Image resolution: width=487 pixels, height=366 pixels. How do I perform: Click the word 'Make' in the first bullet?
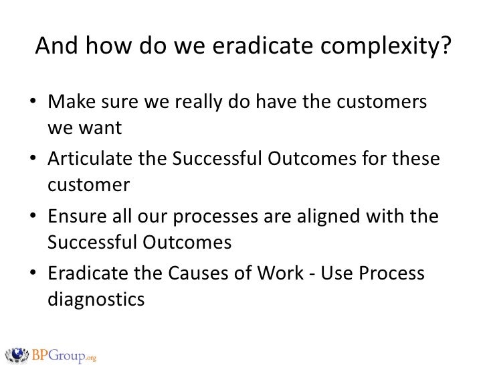click(x=68, y=105)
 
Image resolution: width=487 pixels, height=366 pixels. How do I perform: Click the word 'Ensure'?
click(x=75, y=219)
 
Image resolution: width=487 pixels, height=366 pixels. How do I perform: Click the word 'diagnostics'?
click(x=96, y=299)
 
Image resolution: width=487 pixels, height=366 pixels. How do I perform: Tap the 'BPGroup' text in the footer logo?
click(x=58, y=353)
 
